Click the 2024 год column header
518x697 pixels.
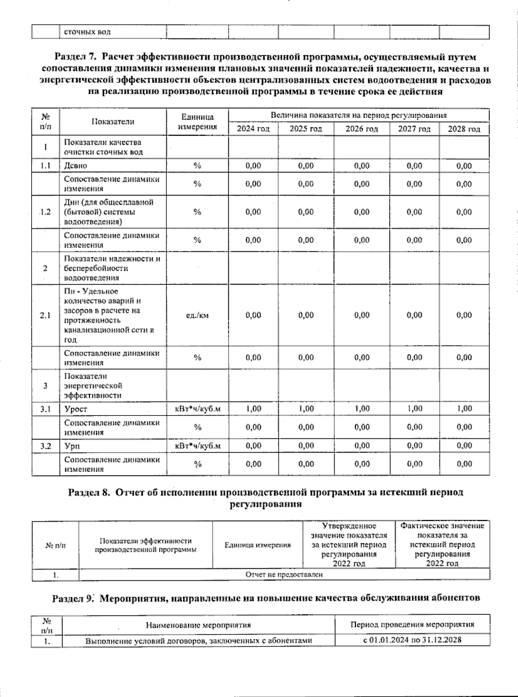coord(253,129)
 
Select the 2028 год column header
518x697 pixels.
coord(464,129)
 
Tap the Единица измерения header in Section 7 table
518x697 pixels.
coord(197,122)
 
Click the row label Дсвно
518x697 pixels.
coord(76,166)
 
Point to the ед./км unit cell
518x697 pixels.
coord(197,315)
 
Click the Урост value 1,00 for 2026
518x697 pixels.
coord(362,409)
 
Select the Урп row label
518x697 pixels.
coord(72,446)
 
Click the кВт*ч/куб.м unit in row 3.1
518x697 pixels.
coord(197,409)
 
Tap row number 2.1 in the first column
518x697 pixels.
coord(45,315)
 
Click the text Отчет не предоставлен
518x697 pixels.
coord(284,574)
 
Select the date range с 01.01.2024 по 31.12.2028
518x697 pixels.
coord(412,640)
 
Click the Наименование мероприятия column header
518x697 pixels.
coord(198,624)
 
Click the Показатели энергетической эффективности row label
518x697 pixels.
coord(93,386)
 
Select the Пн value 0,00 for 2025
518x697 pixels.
coord(306,315)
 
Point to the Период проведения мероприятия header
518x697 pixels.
coord(412,624)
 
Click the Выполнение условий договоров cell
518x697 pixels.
coord(198,640)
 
